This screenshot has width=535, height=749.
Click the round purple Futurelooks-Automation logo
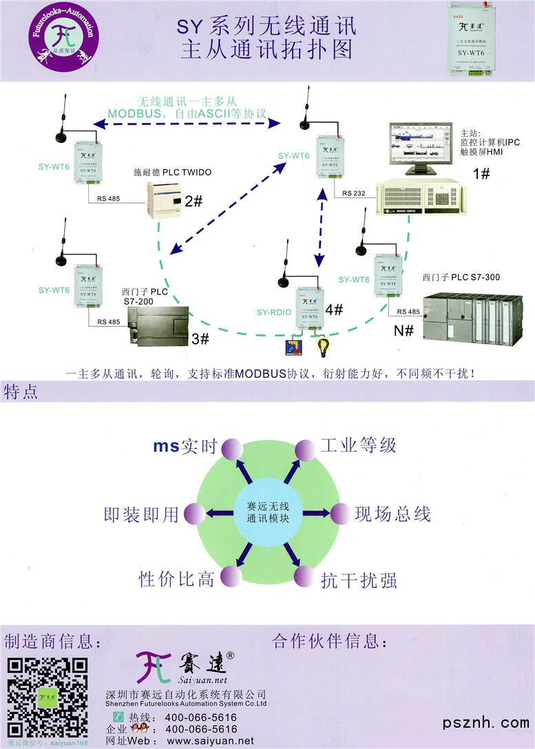point(61,40)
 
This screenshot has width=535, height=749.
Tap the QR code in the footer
point(47,697)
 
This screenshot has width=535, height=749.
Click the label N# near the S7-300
point(403,330)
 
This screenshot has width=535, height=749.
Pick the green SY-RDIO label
point(274,312)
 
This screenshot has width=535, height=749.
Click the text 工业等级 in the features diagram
point(358,445)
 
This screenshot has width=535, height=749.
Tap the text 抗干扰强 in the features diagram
point(358,580)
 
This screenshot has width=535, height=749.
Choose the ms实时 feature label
point(185,446)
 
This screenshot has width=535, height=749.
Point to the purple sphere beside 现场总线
point(340,514)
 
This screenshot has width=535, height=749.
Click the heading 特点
point(21,392)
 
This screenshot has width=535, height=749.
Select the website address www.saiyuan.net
point(210,741)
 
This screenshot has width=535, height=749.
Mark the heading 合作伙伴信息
point(330,642)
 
